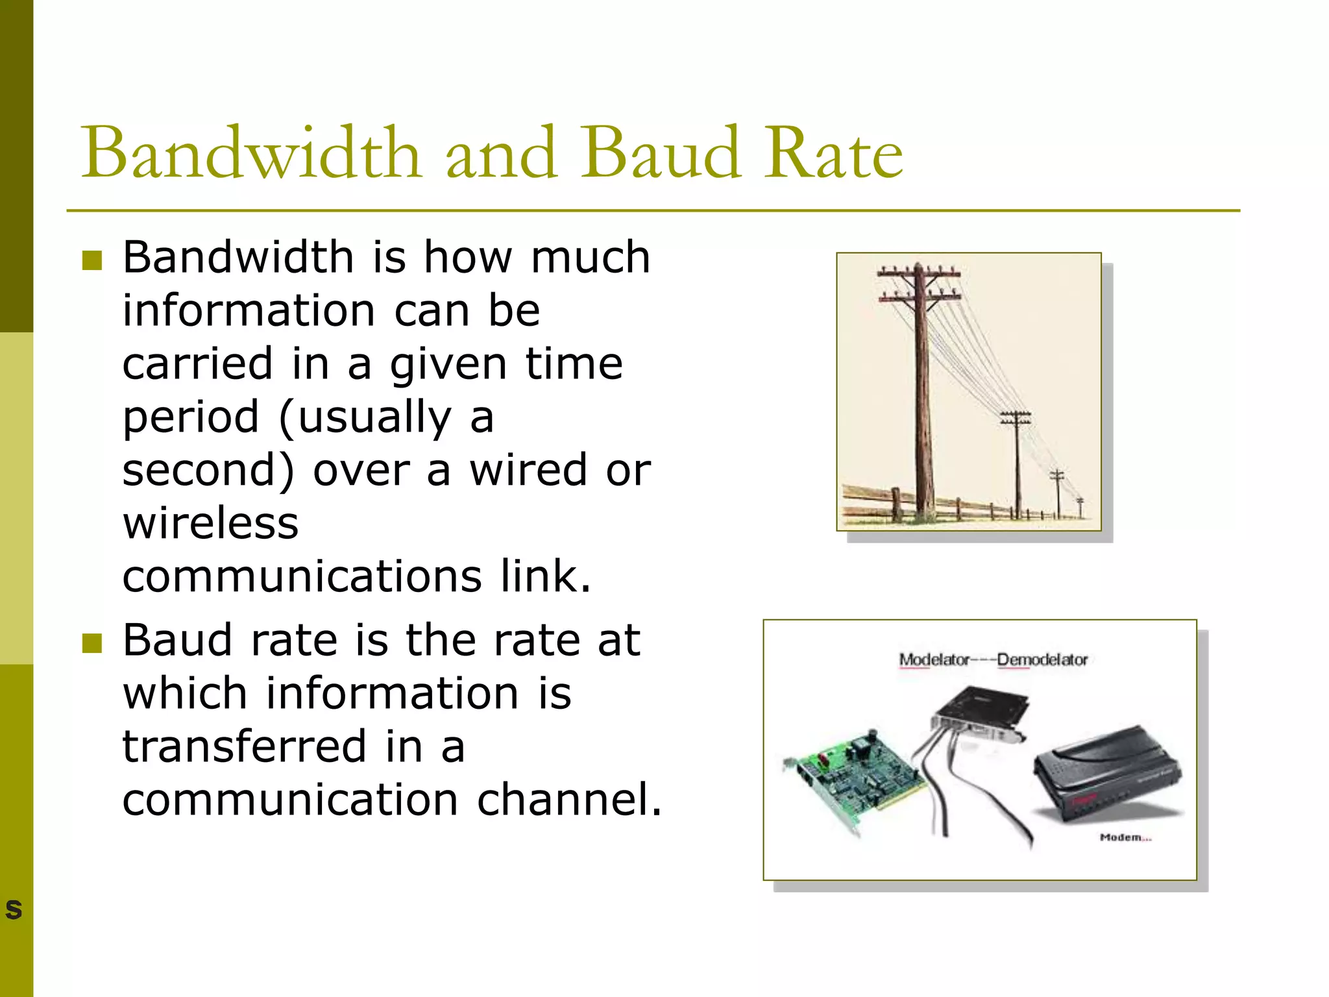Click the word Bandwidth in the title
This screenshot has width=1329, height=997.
(250, 153)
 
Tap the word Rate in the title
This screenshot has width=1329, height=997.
(833, 153)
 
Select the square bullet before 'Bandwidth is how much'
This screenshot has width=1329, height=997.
(92, 260)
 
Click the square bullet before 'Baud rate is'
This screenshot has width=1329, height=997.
(92, 643)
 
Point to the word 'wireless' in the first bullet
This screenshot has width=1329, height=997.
(211, 523)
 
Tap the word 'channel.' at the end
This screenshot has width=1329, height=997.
(569, 800)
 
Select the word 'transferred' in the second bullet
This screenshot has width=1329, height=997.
(245, 746)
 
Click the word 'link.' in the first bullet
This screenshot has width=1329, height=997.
(545, 576)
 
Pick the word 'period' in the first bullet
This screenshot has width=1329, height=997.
(191, 418)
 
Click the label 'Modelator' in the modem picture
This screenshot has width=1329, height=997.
(933, 660)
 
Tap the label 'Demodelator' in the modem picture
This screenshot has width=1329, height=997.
(1042, 660)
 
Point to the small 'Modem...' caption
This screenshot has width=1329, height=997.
(1125, 837)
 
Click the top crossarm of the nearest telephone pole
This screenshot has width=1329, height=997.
(918, 273)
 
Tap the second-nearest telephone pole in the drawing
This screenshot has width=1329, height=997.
(1017, 464)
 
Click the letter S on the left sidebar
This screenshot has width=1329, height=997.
(14, 909)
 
